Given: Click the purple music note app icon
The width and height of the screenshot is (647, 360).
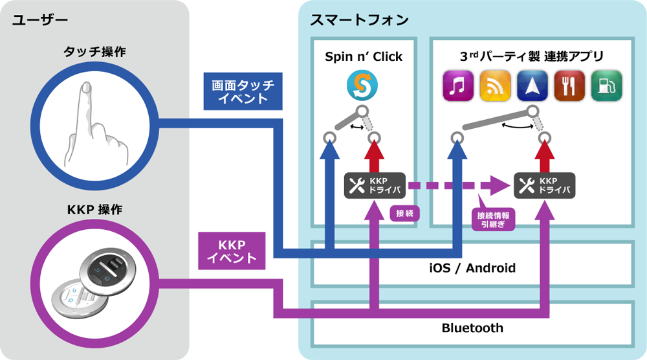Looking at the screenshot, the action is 458,86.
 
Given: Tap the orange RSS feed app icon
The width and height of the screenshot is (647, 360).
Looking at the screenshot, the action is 495,86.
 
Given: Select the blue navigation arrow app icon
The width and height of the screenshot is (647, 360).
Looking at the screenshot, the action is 532,86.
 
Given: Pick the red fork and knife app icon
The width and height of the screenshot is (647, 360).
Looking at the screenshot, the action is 569,86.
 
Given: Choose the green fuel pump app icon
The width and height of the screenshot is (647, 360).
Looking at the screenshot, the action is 607,86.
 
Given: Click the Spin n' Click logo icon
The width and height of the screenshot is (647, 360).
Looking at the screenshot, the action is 362,85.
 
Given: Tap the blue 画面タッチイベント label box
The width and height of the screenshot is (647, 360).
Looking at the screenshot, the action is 243,91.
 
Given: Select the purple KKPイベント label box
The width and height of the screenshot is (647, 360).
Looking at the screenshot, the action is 232,251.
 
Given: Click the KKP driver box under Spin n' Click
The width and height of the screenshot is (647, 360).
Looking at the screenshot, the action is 375,185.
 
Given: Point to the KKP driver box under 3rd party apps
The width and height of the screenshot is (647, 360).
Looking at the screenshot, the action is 544,185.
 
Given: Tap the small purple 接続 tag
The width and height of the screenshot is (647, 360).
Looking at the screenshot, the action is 405,213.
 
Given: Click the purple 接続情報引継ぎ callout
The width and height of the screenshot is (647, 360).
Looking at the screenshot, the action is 493,218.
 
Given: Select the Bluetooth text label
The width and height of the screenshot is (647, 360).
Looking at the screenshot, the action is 472,328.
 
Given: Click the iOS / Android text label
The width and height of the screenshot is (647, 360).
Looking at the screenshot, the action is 472,268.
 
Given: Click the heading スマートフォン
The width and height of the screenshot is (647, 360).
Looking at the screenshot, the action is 359,20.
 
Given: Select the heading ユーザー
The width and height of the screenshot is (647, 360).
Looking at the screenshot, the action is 40,20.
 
